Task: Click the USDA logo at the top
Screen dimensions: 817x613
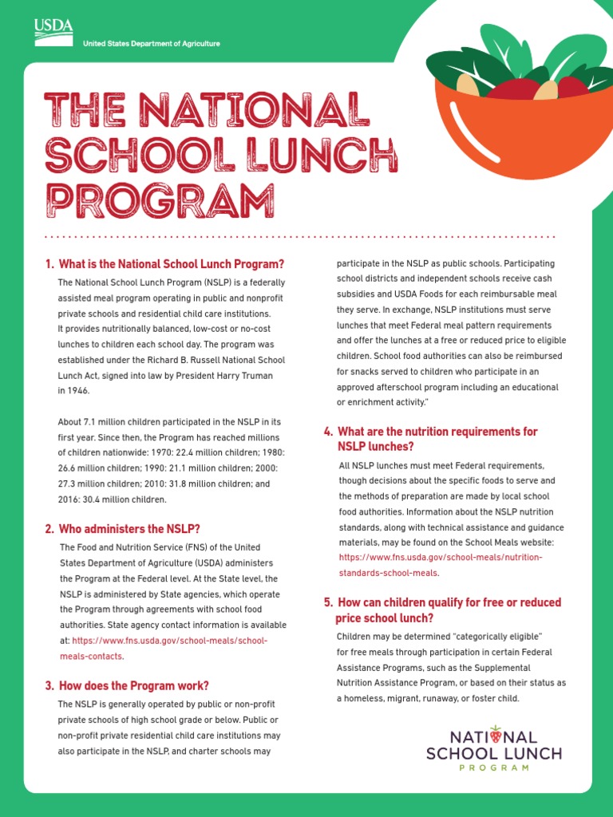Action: click(53, 30)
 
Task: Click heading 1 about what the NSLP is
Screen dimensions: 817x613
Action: click(164, 264)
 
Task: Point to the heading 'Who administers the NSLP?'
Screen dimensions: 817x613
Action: click(122, 528)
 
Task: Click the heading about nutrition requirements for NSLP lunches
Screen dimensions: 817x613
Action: click(430, 439)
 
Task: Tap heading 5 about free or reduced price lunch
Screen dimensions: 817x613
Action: click(442, 610)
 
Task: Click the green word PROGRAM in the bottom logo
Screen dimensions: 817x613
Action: click(494, 768)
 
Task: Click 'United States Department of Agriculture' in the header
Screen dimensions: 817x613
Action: click(152, 43)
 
